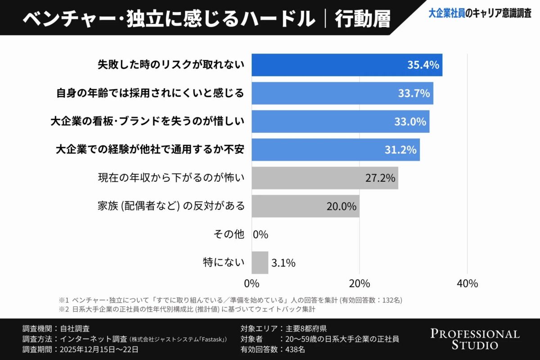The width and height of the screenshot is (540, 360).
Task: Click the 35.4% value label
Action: (x=423, y=65)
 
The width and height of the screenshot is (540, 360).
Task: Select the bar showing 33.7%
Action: (x=342, y=93)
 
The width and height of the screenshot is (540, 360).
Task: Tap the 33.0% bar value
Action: (x=410, y=121)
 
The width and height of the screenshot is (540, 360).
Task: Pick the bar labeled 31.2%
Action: (x=335, y=150)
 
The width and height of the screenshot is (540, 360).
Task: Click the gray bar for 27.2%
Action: (x=324, y=178)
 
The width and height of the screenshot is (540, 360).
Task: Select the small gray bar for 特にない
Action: (x=260, y=262)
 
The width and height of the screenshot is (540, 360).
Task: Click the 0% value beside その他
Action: (x=261, y=234)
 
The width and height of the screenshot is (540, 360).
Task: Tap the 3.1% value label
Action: (x=283, y=263)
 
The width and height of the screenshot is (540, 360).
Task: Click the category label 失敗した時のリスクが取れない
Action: (x=171, y=65)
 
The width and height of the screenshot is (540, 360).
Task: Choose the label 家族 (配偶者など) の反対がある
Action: (x=171, y=206)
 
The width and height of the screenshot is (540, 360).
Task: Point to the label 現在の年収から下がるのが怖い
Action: (x=171, y=178)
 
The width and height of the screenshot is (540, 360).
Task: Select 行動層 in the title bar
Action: (x=363, y=19)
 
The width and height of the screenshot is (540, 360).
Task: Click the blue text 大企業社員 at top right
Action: (x=446, y=14)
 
